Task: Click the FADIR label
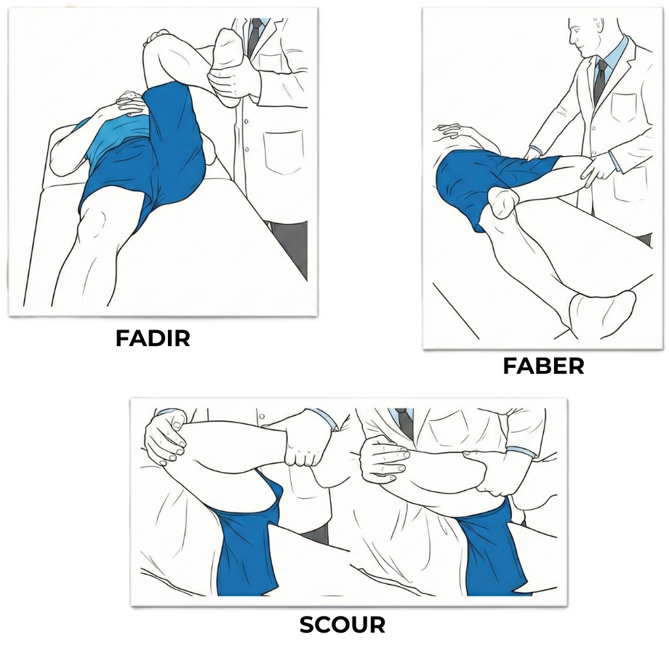coord(153,338)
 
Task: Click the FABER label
coord(544,366)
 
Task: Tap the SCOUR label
coord(342,625)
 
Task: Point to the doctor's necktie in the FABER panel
coord(599,81)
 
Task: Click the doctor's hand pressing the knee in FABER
coord(597,171)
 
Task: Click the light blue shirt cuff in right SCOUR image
coord(522,452)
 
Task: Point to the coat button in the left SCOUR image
coord(262,417)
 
